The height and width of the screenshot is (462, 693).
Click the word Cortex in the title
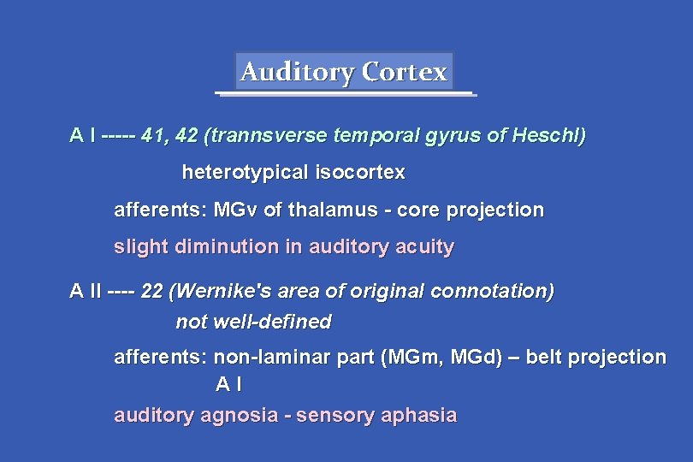click(x=405, y=72)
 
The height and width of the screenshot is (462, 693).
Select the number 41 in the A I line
click(x=154, y=135)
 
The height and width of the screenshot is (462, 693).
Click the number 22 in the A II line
click(x=151, y=292)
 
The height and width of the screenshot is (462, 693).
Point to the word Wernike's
click(x=220, y=292)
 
